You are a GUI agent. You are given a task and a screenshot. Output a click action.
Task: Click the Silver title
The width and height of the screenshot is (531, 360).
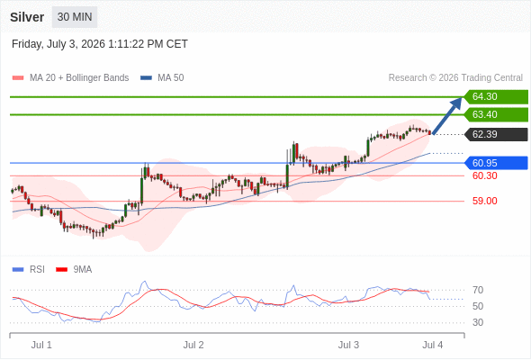(x=27, y=17)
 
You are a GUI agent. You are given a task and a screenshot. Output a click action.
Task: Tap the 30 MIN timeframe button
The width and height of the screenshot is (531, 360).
(x=75, y=17)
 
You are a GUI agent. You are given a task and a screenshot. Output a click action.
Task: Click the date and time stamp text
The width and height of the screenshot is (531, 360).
(x=100, y=44)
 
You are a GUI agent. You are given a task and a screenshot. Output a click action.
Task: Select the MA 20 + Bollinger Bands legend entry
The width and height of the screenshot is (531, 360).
(x=70, y=78)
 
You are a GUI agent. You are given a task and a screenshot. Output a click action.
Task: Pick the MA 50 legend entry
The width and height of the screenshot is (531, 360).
(x=162, y=78)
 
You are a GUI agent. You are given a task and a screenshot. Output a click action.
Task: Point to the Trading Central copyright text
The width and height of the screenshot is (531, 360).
(x=455, y=78)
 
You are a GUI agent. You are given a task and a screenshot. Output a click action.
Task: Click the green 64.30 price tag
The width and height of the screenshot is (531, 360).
(x=496, y=97)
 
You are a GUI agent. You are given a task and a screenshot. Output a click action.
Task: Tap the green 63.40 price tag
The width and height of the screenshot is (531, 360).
(x=496, y=115)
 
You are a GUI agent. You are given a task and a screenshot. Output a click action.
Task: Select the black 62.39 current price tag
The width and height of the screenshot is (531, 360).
(x=496, y=134)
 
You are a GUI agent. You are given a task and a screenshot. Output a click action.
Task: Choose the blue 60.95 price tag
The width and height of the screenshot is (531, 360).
(x=496, y=163)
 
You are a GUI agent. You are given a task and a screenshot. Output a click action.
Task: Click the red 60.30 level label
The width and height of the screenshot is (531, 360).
(x=485, y=175)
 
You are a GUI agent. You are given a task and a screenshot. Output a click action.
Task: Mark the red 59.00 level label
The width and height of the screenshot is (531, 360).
(x=485, y=201)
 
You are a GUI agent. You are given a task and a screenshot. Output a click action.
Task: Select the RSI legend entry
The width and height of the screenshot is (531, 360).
(x=29, y=270)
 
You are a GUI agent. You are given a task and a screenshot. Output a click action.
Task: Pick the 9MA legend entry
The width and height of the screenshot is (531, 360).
(x=74, y=270)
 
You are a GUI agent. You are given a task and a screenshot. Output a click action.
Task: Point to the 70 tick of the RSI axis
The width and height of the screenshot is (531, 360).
(x=478, y=290)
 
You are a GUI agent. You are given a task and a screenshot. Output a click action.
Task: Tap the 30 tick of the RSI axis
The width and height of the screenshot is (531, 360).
(x=478, y=322)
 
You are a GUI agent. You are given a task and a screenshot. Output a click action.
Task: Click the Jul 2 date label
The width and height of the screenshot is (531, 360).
(x=193, y=345)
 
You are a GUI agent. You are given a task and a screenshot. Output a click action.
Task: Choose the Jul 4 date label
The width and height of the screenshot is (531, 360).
(x=433, y=345)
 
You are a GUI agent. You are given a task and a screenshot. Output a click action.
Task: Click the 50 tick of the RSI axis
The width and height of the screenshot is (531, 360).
(x=478, y=306)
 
